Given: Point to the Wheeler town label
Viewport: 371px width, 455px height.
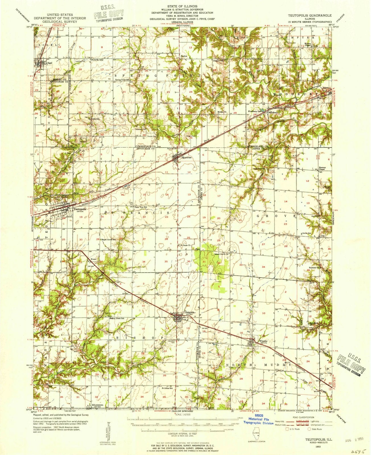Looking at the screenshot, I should coord(263,341).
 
